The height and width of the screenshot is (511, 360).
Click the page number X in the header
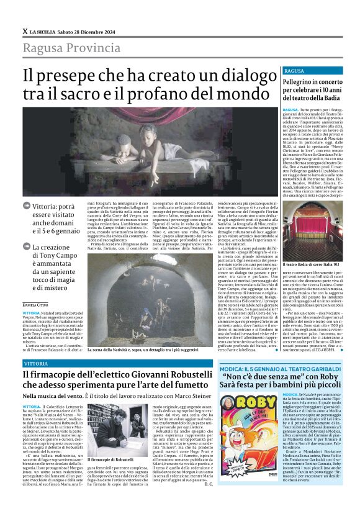pos(24,31)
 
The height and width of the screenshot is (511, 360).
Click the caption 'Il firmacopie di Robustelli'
pos(114,458)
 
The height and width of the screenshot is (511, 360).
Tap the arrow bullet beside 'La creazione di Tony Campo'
pos(26,247)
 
